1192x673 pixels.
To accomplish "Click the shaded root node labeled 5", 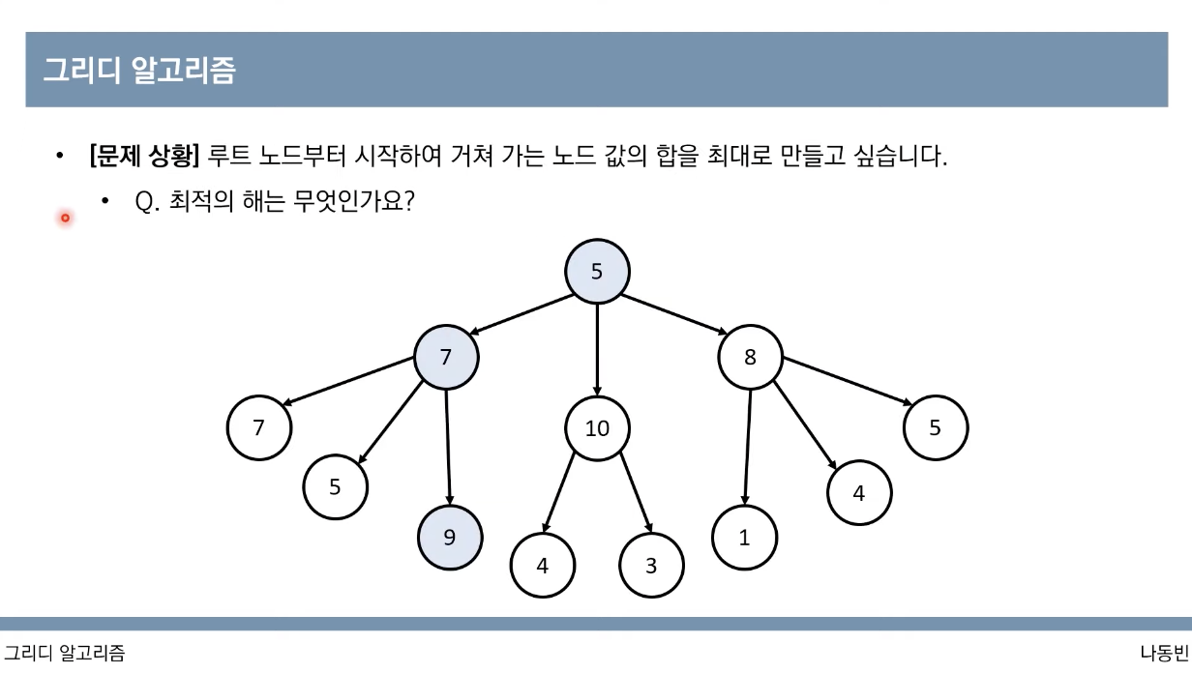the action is pyautogui.click(x=597, y=272).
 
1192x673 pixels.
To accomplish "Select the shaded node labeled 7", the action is pyautogui.click(x=446, y=357).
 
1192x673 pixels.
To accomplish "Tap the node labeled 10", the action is pyautogui.click(x=597, y=427).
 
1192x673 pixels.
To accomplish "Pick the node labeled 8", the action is pyautogui.click(x=750, y=357).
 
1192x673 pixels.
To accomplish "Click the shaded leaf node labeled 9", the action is pyautogui.click(x=449, y=537).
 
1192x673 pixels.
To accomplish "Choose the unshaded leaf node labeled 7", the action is pyautogui.click(x=258, y=427).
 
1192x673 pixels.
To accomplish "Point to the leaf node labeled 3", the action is pyautogui.click(x=651, y=566).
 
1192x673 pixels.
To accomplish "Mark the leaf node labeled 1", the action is pyautogui.click(x=744, y=538).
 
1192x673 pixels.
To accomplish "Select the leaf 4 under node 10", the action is pyautogui.click(x=542, y=566).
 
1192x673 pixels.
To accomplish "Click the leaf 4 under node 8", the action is pyautogui.click(x=859, y=492).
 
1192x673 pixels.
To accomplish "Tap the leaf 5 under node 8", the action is pyautogui.click(x=935, y=427).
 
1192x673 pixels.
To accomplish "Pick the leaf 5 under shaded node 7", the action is pyautogui.click(x=335, y=486).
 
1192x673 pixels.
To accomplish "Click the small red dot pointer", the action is pyautogui.click(x=65, y=218).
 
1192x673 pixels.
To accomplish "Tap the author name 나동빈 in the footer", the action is pyautogui.click(x=1164, y=653).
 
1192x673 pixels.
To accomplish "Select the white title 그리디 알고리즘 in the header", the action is pyautogui.click(x=139, y=71).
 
